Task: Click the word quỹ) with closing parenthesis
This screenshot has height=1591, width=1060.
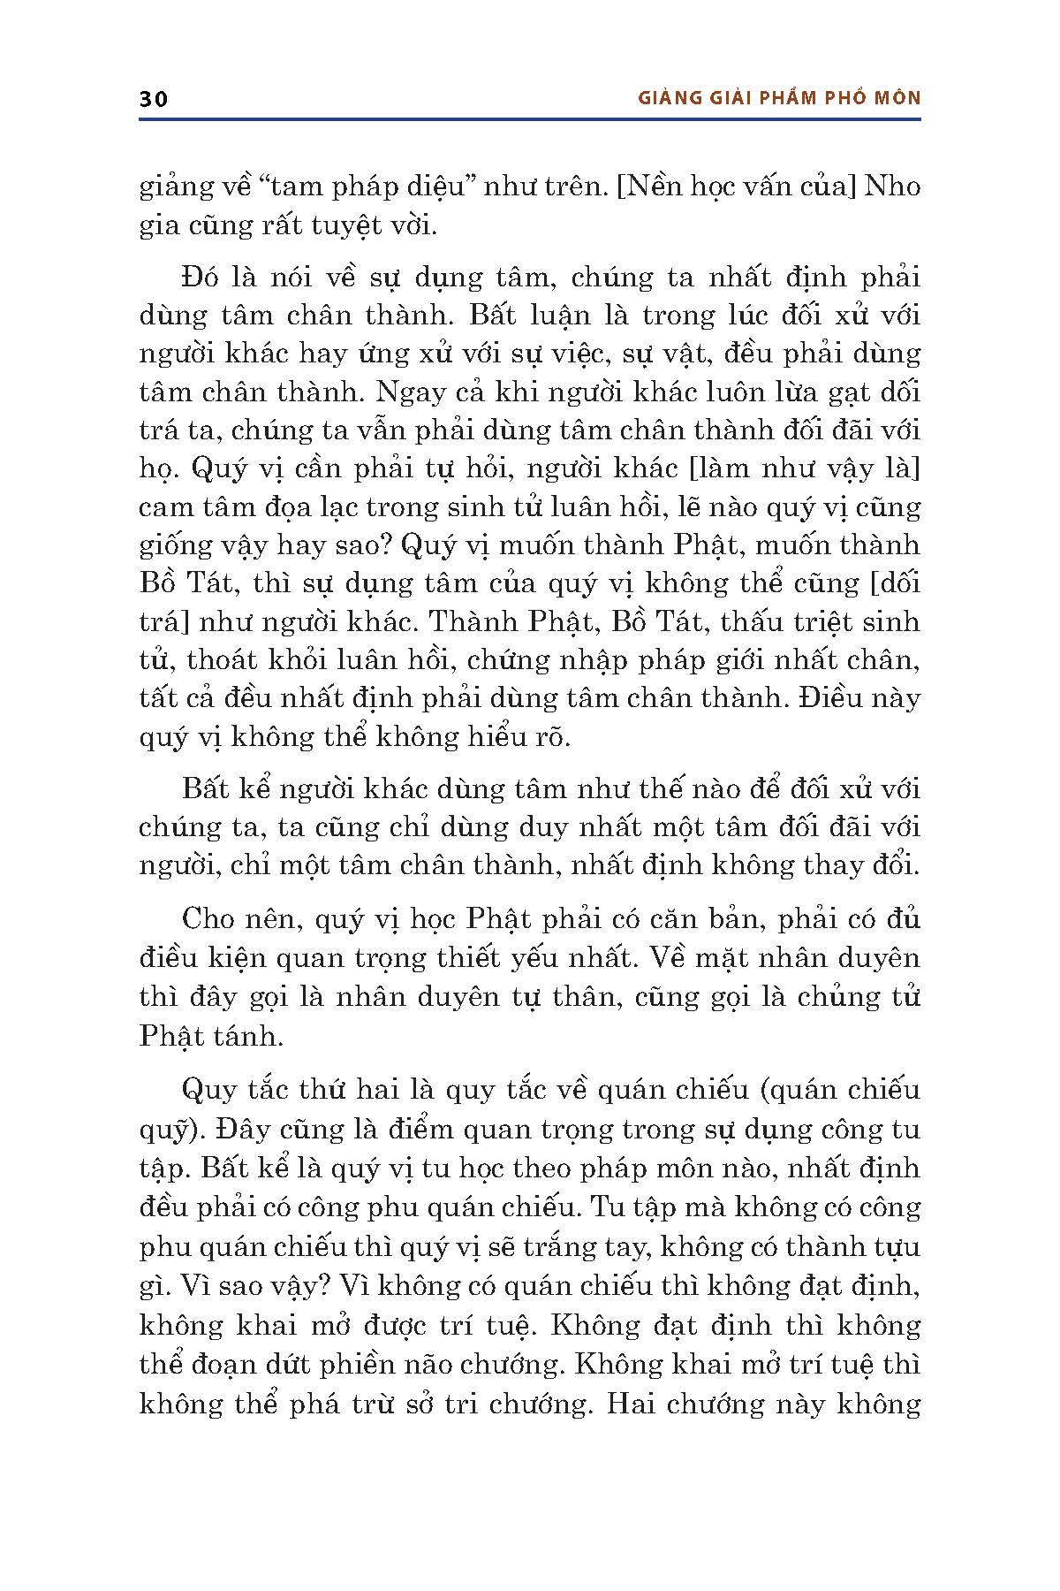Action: (166, 1130)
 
